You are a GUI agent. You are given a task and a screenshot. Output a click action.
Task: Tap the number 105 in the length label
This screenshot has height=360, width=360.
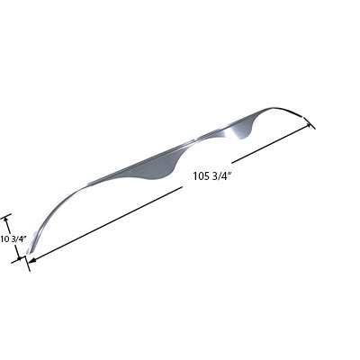[x=202, y=176]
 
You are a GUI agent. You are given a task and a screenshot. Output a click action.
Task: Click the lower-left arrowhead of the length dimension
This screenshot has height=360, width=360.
[x=33, y=261]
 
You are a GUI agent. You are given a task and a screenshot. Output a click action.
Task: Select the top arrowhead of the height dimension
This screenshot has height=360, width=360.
[x=8, y=219]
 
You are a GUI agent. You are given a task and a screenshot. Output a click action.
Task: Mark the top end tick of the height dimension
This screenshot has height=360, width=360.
[x=7, y=215]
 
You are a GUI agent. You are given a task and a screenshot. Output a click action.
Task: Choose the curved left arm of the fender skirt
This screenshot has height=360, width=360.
[x=58, y=202]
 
